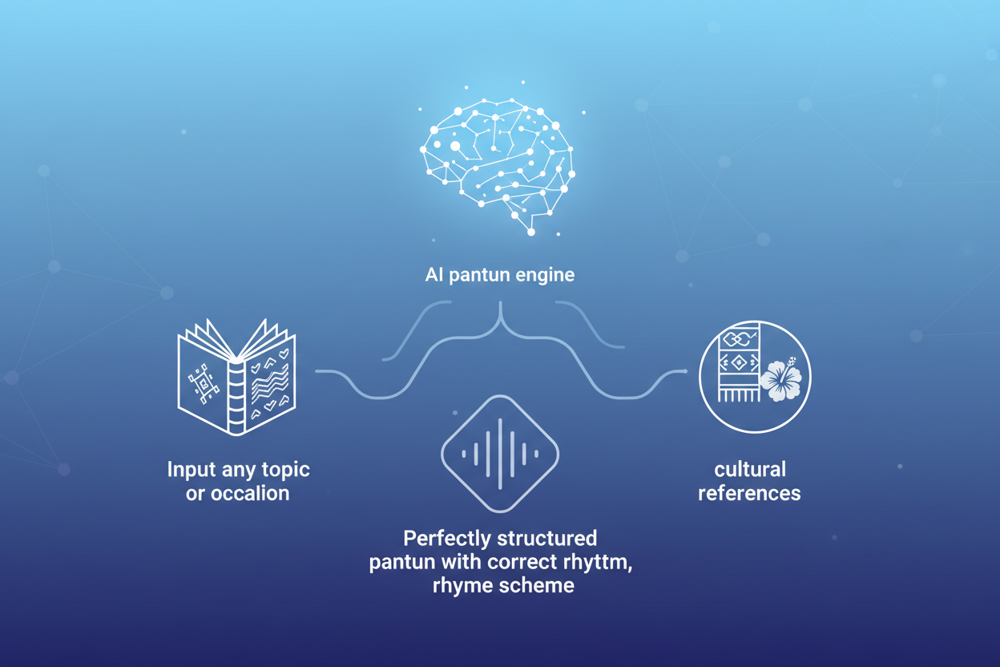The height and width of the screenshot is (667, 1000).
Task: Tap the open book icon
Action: (237, 378)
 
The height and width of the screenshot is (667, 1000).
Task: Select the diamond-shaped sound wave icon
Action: (500, 454)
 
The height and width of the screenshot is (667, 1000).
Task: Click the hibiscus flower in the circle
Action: (780, 380)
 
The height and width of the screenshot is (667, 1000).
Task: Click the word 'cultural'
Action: (749, 470)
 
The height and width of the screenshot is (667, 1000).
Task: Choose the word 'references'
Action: (749, 493)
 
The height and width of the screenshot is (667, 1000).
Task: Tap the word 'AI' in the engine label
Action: (433, 275)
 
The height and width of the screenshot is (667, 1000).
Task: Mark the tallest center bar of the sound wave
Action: (500, 454)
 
